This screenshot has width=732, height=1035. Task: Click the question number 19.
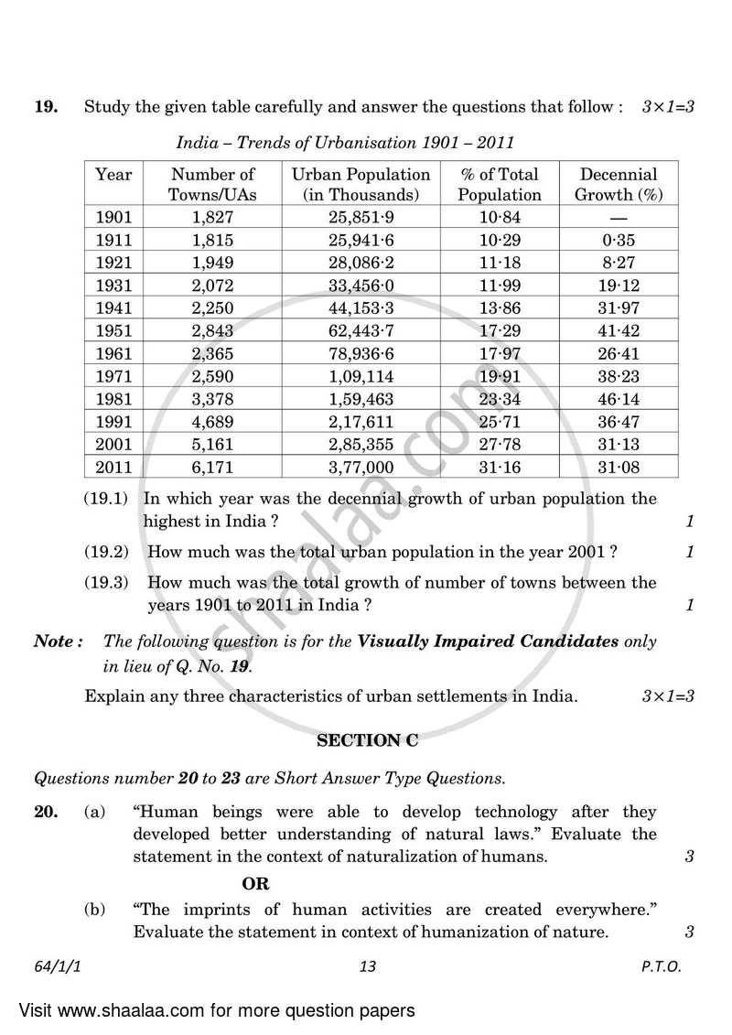point(46,107)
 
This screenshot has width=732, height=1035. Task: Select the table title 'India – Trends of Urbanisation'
point(345,142)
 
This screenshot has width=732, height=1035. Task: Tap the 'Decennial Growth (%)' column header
point(619,184)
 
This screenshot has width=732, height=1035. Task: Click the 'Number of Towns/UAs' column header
point(213,184)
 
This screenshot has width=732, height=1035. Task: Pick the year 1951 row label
point(114,330)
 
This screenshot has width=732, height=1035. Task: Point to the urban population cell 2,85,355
point(361,445)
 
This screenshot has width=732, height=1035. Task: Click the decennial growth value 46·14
point(619,399)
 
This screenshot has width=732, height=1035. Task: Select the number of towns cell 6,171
point(213,468)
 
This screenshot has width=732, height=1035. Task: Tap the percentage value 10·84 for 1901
point(499,217)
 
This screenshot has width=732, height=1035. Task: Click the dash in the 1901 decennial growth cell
point(619,218)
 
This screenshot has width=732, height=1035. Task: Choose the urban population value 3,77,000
point(361,468)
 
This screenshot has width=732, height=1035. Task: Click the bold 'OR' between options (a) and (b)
point(255,884)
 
